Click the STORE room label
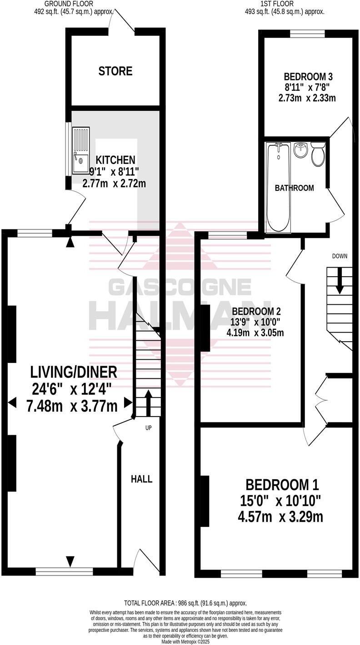pyautogui.click(x=115, y=71)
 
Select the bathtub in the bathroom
pyautogui.click(x=278, y=186)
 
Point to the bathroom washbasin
pyautogui.click(x=301, y=150)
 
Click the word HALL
pyautogui.click(x=141, y=479)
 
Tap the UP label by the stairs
pyautogui.click(x=148, y=428)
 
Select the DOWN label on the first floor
pyautogui.click(x=340, y=256)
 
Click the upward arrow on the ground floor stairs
pyautogui.click(x=148, y=399)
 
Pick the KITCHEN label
pyautogui.click(x=115, y=160)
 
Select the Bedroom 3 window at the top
pyautogui.click(x=307, y=33)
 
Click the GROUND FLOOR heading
pyautogui.click(x=69, y=4)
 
